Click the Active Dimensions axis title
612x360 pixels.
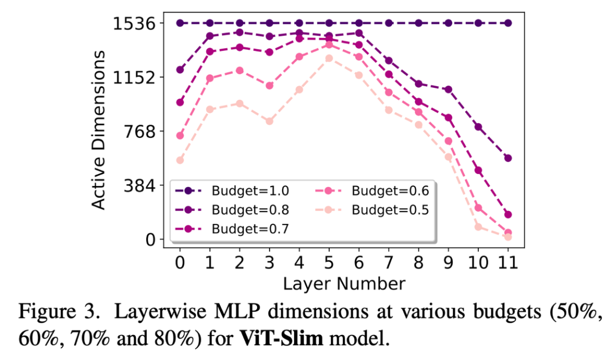[x=99, y=130]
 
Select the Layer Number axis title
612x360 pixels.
[x=344, y=283]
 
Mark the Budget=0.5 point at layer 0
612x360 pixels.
[x=180, y=160]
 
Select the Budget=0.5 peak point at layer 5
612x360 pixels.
[x=329, y=58]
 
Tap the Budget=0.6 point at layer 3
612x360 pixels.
[x=269, y=85]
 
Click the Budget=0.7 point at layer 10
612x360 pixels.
[x=478, y=170]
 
